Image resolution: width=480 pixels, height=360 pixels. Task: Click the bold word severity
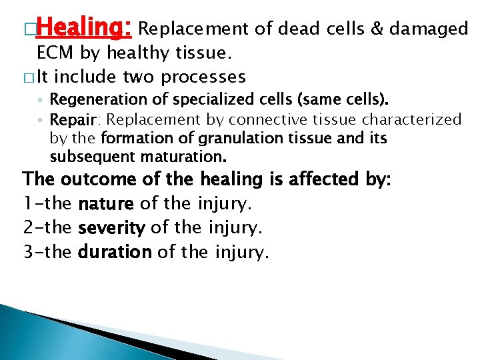point(111,228)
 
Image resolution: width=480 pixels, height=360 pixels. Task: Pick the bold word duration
point(114,252)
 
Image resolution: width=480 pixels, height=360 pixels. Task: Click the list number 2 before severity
point(29,228)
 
